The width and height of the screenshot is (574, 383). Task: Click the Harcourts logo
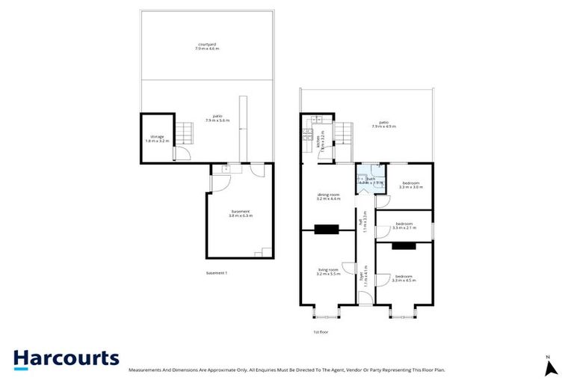pos(66,358)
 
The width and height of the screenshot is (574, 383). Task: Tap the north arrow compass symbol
pos(552,367)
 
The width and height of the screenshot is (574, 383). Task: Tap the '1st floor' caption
pos(321,331)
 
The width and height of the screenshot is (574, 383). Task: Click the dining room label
pos(329,197)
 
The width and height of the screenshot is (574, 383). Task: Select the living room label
pos(329,272)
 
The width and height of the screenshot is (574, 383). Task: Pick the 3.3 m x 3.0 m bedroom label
pos(413,185)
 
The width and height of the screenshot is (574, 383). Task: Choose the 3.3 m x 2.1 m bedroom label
pos(404,225)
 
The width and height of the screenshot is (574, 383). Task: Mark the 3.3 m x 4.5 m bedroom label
pos(404,278)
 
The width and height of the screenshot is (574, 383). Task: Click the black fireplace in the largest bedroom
pos(404,245)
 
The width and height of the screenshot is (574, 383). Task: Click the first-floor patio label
pos(383,123)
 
